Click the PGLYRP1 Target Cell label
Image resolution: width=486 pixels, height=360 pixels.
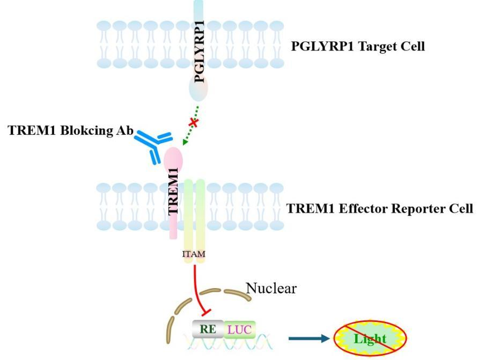coord(358,46)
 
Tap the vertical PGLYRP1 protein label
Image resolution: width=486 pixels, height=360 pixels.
coord(200,51)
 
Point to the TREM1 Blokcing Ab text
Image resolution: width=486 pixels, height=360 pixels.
coord(70,131)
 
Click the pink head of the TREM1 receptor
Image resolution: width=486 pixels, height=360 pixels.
coord(173,159)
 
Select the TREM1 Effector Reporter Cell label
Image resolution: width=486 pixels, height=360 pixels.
coord(380,208)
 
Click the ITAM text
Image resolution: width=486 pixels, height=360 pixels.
coord(194,253)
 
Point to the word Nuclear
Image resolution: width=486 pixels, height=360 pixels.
coord(271,289)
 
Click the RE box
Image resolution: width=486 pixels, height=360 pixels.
coord(208,328)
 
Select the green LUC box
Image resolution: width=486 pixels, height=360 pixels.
coord(239,328)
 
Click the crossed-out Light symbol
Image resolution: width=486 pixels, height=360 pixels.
coord(370,339)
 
